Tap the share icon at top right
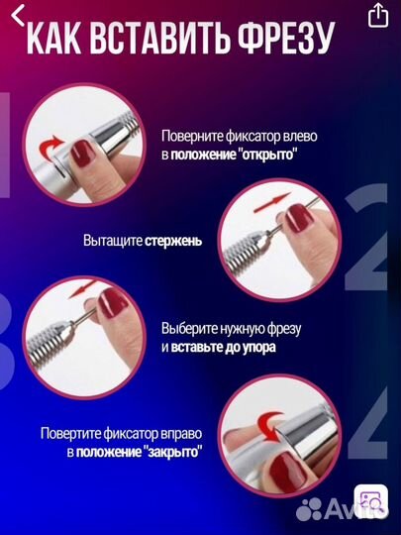click(377, 15)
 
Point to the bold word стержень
click(181, 240)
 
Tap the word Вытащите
click(112, 240)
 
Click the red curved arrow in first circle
click(50, 148)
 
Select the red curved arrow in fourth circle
click(267, 427)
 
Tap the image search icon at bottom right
click(371, 501)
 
